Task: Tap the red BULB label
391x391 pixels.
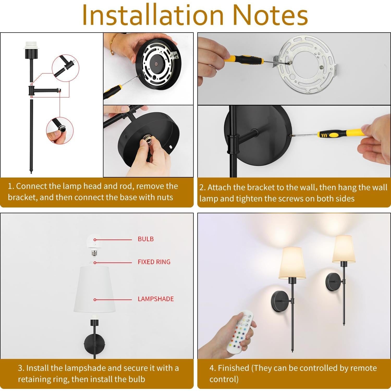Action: [x=146, y=239]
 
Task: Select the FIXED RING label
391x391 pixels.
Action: [x=154, y=262]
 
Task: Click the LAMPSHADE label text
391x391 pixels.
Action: [x=156, y=299]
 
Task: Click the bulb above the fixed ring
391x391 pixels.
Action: [x=94, y=244]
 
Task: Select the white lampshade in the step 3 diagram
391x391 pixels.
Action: [x=94, y=289]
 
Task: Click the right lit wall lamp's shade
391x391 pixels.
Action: [x=344, y=249]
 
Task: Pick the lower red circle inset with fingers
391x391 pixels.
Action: [x=60, y=130]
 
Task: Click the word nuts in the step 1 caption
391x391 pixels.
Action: [x=165, y=197]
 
